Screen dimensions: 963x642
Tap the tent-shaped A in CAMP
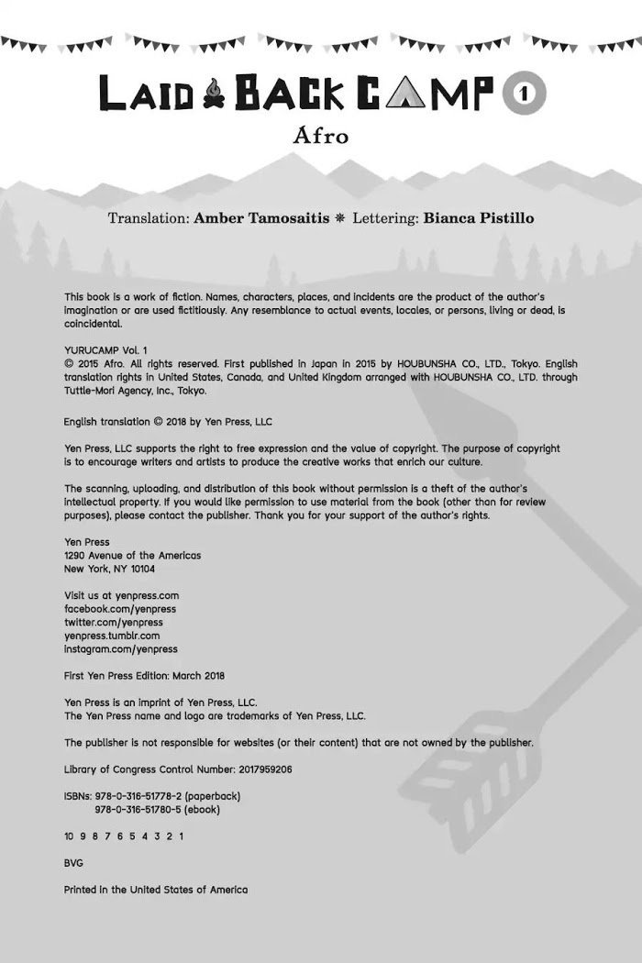(x=399, y=93)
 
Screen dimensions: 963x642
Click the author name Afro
(x=321, y=137)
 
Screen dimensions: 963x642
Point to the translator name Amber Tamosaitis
(x=261, y=218)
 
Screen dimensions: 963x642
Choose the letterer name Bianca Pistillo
(x=479, y=218)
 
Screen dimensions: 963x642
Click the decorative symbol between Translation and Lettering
(x=340, y=218)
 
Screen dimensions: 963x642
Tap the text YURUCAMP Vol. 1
(x=105, y=350)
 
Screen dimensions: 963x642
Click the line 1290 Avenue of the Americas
(x=132, y=555)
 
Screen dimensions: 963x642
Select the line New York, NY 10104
(x=109, y=569)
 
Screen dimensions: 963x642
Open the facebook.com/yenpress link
(x=120, y=609)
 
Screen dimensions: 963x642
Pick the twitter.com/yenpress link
(x=113, y=622)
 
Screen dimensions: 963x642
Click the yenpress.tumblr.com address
(x=112, y=636)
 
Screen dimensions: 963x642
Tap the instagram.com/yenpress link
(x=121, y=648)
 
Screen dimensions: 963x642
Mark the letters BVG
(x=73, y=863)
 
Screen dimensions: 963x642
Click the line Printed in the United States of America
(x=156, y=890)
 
